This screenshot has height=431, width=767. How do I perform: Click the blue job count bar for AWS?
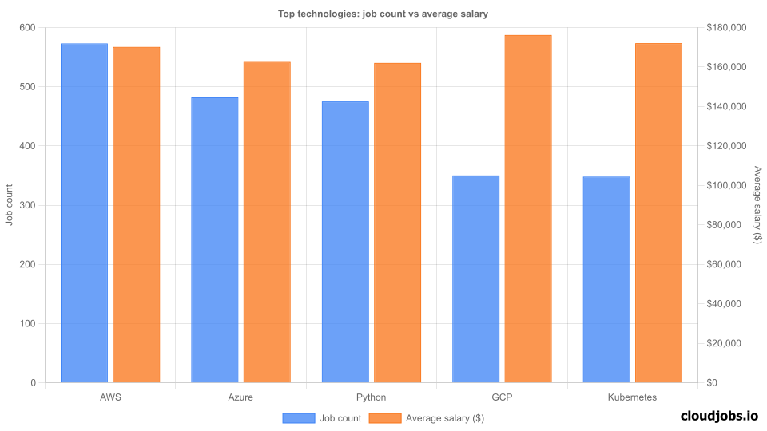(x=84, y=213)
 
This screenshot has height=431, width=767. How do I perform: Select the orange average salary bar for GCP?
(x=528, y=209)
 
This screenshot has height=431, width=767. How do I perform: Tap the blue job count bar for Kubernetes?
(x=606, y=279)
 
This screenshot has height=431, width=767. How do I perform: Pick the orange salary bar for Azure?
(x=267, y=222)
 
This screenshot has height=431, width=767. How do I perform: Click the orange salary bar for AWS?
(x=137, y=215)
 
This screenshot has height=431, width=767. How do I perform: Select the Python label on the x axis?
(x=371, y=397)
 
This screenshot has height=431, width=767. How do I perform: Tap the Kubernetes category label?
(x=632, y=397)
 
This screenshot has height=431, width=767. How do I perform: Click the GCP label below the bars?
(x=502, y=397)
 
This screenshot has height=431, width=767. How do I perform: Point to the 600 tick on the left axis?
(x=28, y=28)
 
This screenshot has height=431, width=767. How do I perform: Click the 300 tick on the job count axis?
(x=28, y=206)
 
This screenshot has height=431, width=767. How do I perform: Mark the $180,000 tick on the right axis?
(x=726, y=28)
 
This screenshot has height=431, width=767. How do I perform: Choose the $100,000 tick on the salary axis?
(x=726, y=186)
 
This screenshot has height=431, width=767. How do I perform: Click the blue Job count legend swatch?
(x=298, y=417)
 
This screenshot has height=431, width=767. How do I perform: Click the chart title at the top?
(x=383, y=13)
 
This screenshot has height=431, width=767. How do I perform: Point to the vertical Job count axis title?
(x=10, y=205)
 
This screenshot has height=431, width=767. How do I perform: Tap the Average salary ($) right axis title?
(x=757, y=205)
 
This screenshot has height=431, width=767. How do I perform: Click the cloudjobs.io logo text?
(x=719, y=416)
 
